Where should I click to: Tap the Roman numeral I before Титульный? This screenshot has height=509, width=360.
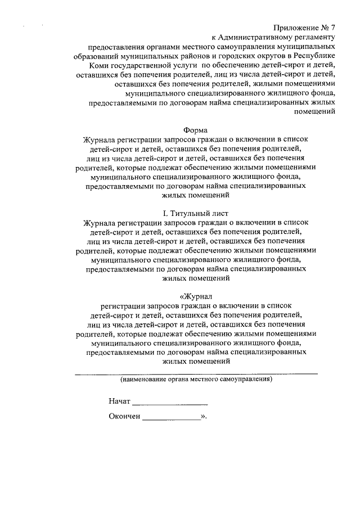[164, 213]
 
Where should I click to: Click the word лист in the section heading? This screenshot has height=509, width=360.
[220, 213]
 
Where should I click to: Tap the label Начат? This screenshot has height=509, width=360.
[120, 402]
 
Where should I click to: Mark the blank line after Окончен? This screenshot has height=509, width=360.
[172, 420]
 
